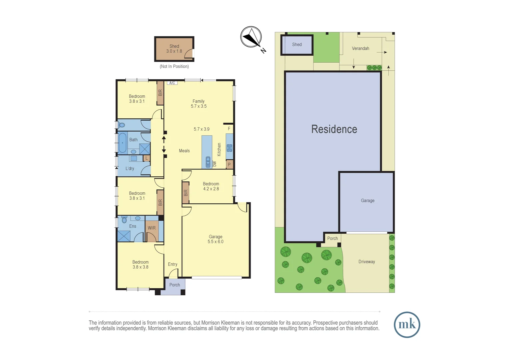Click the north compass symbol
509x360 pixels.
tap(252, 37)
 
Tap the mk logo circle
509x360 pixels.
tap(407, 325)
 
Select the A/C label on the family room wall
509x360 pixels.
tap(172, 83)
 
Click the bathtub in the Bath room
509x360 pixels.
tap(123, 143)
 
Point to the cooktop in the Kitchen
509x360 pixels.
tap(230, 148)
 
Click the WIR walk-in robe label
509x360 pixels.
tap(152, 228)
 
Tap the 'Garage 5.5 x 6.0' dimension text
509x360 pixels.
tap(216, 239)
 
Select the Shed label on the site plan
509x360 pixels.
tap(297, 45)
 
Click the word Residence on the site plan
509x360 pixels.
tap(334, 129)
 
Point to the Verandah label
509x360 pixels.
tap(360, 48)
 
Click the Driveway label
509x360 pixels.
tap(366, 262)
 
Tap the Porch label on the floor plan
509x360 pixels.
tap(175, 285)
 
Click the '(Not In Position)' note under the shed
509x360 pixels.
tap(174, 66)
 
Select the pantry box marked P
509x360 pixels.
tap(229, 164)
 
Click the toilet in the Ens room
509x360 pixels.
tap(124, 219)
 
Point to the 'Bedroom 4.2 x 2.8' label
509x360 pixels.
tap(211, 186)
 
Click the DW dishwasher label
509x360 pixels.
tap(215, 164)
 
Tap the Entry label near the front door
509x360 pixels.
tap(173, 264)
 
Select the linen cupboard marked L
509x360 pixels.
tap(147, 158)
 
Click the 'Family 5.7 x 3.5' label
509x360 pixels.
tap(199, 104)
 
